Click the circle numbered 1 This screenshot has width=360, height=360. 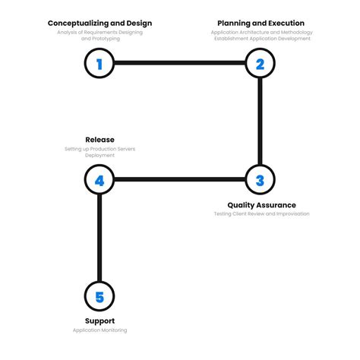99,64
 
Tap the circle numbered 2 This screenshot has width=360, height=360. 260,64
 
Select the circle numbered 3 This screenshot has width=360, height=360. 260,180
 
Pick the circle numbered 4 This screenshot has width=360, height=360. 99,181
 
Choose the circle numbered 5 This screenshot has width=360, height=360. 99,296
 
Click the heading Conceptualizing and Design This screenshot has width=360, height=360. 99,23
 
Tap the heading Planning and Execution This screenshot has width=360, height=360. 261,23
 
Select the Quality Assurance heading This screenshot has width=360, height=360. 261,205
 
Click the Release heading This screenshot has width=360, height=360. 99,140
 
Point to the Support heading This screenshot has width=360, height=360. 99,321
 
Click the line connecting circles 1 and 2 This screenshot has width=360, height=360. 179,64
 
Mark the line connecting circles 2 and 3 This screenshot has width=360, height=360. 260,122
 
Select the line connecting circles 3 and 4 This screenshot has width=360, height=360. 179,180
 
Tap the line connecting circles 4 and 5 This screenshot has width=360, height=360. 99,238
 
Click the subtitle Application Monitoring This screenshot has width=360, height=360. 99,330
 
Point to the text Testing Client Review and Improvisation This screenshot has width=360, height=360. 261,214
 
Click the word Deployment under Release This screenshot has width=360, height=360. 99,156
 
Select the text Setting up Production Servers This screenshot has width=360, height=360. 99,149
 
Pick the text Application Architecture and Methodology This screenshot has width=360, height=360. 261,32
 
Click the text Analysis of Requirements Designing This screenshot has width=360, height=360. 99,32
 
